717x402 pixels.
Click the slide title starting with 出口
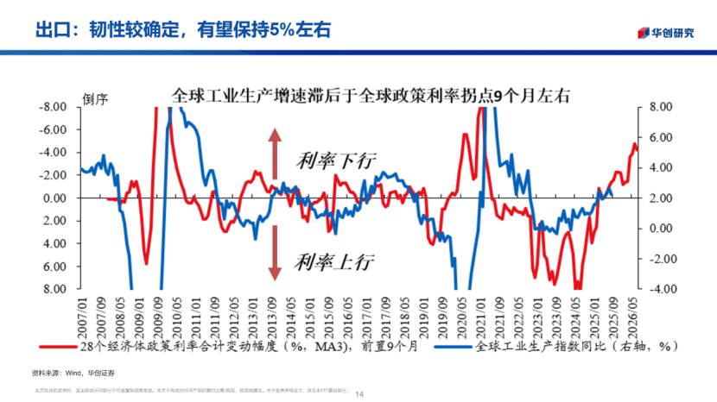pyautogui.click(x=182, y=28)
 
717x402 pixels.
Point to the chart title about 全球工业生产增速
pyautogui.click(x=371, y=95)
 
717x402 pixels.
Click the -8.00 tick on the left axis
pyautogui.click(x=55, y=107)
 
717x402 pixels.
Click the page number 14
pyautogui.click(x=360, y=394)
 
